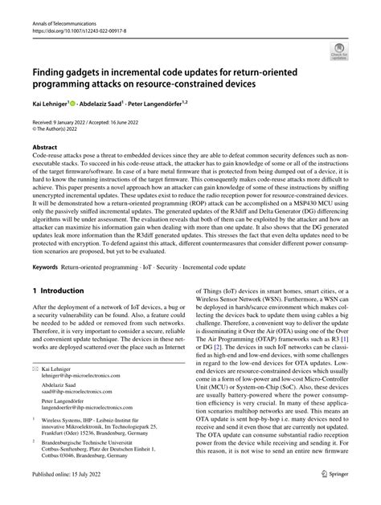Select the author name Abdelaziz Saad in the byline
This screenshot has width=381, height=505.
(108, 103)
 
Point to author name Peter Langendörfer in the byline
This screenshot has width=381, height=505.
(176, 103)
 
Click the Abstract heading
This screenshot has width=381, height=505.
(44, 148)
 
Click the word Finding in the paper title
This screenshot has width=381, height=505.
(52, 70)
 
